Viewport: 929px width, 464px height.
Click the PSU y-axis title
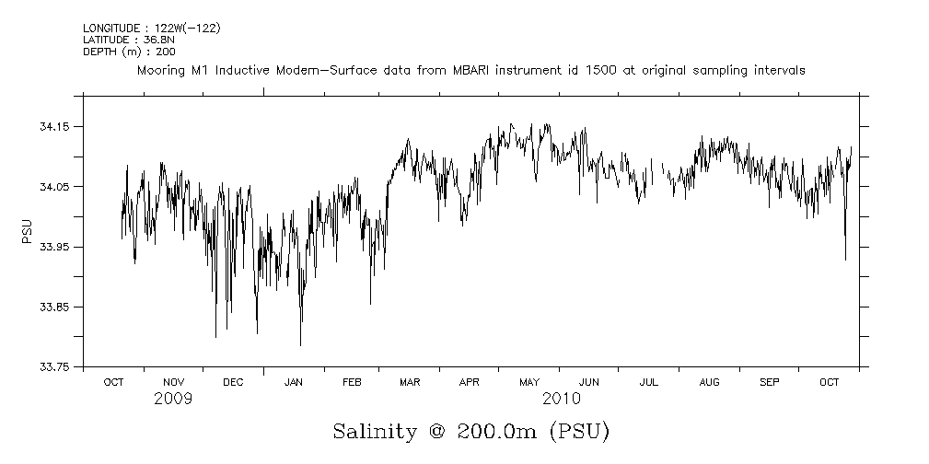click(27, 231)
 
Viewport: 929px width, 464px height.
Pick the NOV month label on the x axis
click(173, 382)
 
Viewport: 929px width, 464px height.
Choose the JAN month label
click(293, 382)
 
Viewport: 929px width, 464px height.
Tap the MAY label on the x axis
click(529, 382)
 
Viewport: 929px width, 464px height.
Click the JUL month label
click(648, 382)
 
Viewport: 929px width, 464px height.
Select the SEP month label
click(769, 382)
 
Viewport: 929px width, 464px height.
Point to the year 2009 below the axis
click(173, 399)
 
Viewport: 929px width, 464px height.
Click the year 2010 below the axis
click(561, 399)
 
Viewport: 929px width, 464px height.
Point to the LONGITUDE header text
click(110, 29)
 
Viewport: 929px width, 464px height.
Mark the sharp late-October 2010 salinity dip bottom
click(845, 260)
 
